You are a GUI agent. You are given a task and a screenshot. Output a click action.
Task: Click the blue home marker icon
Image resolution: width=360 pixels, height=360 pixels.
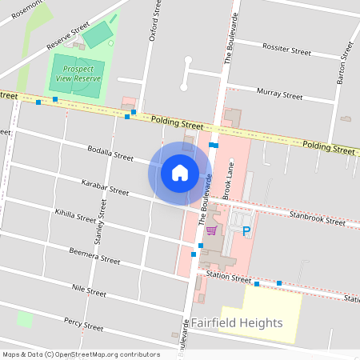(180, 172)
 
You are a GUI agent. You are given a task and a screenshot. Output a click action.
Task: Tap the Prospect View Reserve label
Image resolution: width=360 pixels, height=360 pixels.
(77, 74)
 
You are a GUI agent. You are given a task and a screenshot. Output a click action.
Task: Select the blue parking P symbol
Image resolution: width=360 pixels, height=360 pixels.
(246, 231)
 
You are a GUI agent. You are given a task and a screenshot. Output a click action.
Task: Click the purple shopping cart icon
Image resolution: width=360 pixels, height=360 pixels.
(211, 230)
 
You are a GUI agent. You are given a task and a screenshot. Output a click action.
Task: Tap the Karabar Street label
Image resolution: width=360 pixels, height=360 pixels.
(105, 188)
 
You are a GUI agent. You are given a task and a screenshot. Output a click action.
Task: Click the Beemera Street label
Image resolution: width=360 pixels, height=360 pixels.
(94, 257)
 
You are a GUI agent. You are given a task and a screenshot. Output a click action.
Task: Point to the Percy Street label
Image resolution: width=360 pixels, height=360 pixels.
(83, 323)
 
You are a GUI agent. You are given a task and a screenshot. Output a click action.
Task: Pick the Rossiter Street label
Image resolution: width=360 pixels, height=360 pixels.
(286, 50)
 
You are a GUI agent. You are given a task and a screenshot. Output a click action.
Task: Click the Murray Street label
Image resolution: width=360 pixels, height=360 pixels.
(280, 95)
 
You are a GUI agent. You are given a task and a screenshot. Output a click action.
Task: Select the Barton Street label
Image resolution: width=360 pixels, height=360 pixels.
(346, 63)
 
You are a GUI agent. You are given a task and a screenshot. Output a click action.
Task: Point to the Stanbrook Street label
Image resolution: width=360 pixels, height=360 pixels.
(318, 217)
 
